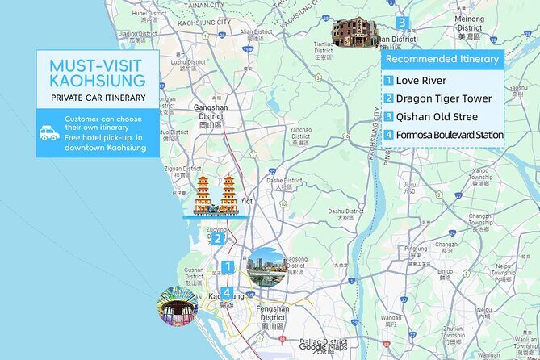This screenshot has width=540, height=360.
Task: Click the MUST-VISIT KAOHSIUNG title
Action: click(98, 73)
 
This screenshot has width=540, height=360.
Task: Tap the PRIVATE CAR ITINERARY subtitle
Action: click(98, 98)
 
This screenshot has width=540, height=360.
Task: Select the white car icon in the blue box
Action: click(49, 132)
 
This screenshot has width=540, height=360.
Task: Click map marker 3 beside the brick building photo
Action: click(401, 23)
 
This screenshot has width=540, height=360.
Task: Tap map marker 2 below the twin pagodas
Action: click(217, 238)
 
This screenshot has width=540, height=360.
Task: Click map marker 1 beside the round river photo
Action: click(228, 266)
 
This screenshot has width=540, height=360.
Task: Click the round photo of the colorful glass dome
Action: click(178, 307)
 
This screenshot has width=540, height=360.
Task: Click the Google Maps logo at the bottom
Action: click(323, 347)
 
